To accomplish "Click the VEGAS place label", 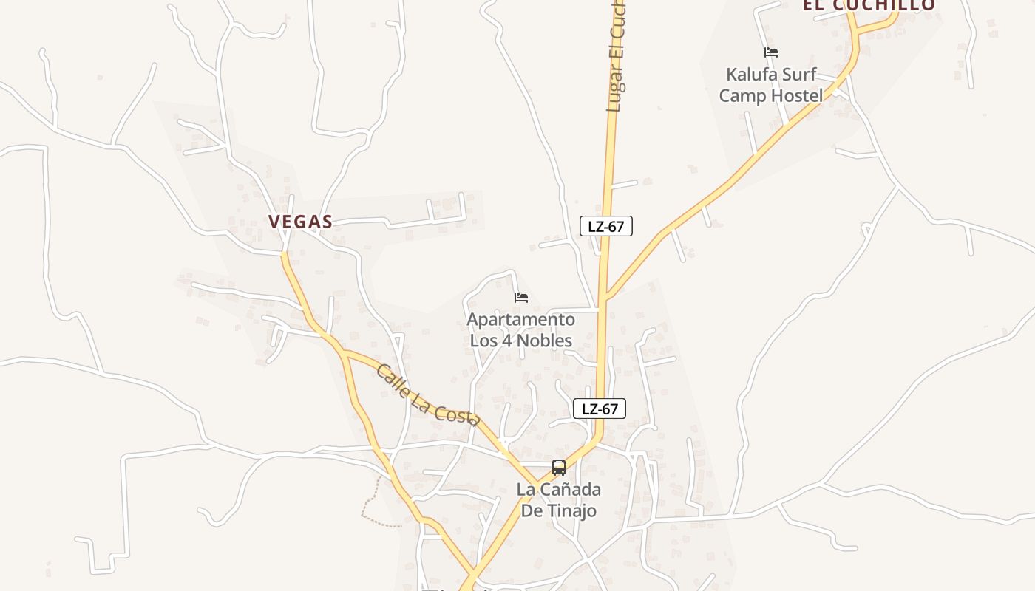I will (x=300, y=222).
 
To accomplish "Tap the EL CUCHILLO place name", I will (x=869, y=6).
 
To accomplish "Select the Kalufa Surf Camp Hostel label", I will (x=771, y=85).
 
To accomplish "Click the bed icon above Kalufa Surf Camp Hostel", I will (x=771, y=52).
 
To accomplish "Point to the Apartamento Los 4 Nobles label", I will (x=521, y=330).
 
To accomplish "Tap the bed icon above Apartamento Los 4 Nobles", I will (x=521, y=298).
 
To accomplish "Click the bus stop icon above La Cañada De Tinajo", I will (x=559, y=468).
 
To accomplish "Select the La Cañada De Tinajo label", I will (x=559, y=500).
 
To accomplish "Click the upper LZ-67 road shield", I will (x=606, y=227).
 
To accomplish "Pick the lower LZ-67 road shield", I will (x=600, y=409).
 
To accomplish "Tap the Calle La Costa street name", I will (x=427, y=395).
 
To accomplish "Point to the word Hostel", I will (x=796, y=96).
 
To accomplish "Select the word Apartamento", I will (x=521, y=320).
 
